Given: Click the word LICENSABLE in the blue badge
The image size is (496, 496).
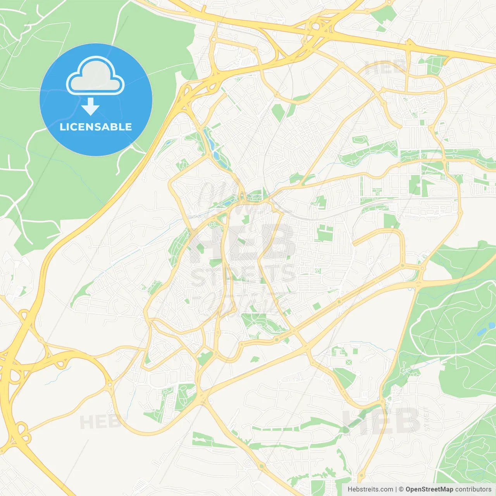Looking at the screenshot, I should click(x=96, y=127).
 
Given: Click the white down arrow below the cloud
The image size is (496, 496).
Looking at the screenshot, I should click(x=90, y=107).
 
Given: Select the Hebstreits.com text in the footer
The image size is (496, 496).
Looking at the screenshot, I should click(x=370, y=489).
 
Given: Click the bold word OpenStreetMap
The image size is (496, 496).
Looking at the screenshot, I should click(x=429, y=489).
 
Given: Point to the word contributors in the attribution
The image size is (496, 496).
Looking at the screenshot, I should click(x=473, y=489).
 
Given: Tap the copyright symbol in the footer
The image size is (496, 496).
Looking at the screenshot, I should click(x=401, y=489).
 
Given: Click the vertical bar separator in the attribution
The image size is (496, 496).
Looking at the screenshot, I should click(x=396, y=489).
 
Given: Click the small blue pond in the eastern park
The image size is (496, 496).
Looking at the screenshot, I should click(x=481, y=332).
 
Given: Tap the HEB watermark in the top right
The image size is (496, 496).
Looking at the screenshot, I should click(x=386, y=68).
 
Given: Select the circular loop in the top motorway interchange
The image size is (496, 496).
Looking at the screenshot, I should click(x=315, y=27).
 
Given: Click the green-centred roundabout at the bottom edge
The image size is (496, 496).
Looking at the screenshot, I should click(x=361, y=475).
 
